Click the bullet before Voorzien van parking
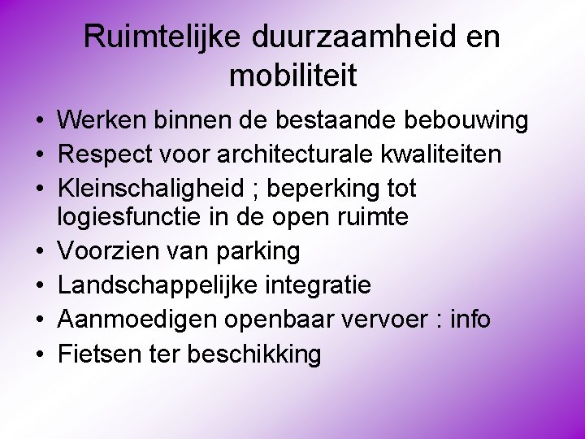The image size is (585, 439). [x=38, y=252]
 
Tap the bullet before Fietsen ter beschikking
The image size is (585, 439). [x=38, y=354]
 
